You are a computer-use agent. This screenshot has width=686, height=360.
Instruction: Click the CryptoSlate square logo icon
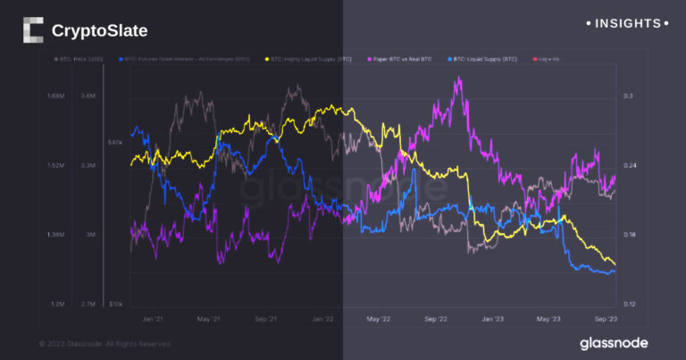32,30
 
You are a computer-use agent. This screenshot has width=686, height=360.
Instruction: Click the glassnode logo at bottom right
614,343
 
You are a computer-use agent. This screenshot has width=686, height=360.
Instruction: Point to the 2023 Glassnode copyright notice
105,344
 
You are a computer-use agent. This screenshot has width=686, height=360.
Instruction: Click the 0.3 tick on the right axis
628,96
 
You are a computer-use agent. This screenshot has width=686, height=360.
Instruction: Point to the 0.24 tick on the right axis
630,165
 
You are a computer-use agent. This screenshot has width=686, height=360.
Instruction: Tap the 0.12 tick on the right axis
630,305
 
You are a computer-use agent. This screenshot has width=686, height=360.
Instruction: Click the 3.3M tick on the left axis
88,165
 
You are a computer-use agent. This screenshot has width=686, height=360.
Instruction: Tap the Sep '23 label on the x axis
606,318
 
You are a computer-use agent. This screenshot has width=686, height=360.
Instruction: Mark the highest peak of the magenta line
458,79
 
